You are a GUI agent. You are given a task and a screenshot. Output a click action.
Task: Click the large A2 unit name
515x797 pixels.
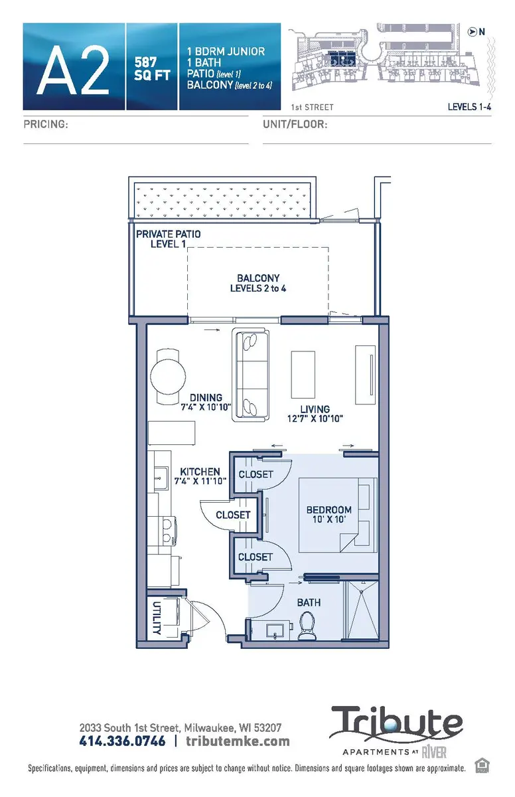73,67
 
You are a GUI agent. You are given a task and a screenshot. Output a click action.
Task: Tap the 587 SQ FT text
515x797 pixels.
151,66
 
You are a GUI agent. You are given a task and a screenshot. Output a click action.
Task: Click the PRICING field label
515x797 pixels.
46,124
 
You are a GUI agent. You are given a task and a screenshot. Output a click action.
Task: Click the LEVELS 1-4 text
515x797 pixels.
469,106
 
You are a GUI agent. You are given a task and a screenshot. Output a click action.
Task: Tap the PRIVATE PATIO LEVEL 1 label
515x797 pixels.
168,239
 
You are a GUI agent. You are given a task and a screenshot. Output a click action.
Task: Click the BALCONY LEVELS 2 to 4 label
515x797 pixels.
258,284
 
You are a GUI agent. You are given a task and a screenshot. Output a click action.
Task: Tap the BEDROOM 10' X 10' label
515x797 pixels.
329,515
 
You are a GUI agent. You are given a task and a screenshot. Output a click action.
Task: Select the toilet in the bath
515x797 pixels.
307,626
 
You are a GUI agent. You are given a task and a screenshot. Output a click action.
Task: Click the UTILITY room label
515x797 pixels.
157,618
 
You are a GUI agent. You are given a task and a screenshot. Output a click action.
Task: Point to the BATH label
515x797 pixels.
309,602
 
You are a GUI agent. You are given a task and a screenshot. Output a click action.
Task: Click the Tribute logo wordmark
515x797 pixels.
396,723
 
